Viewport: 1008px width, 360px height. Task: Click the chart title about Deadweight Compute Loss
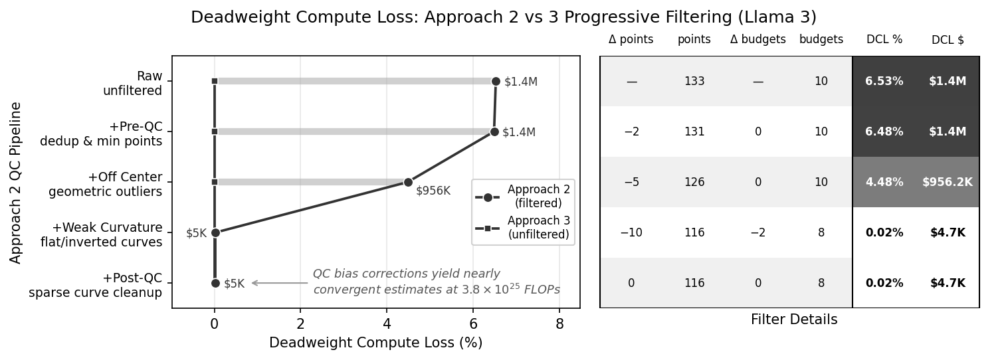[503, 17]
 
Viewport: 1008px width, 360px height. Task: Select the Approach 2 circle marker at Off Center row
[408, 182]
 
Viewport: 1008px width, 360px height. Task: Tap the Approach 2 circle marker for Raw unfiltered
[496, 81]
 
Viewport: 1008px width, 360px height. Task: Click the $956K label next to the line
[433, 191]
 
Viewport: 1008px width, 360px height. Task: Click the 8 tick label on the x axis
[559, 325]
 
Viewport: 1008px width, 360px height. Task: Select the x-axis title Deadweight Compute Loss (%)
[375, 343]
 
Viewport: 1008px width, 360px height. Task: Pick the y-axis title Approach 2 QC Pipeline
[16, 182]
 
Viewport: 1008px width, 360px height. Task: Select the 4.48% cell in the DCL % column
[884, 182]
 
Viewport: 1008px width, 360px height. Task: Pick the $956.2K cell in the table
[947, 182]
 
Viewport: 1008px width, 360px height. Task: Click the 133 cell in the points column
[694, 81]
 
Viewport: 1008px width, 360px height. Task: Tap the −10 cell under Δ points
[631, 232]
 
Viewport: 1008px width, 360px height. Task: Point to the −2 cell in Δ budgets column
[757, 232]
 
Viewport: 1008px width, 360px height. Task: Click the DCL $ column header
[948, 40]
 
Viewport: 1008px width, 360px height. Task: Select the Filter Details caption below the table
[794, 320]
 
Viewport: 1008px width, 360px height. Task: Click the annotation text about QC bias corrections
[436, 282]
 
